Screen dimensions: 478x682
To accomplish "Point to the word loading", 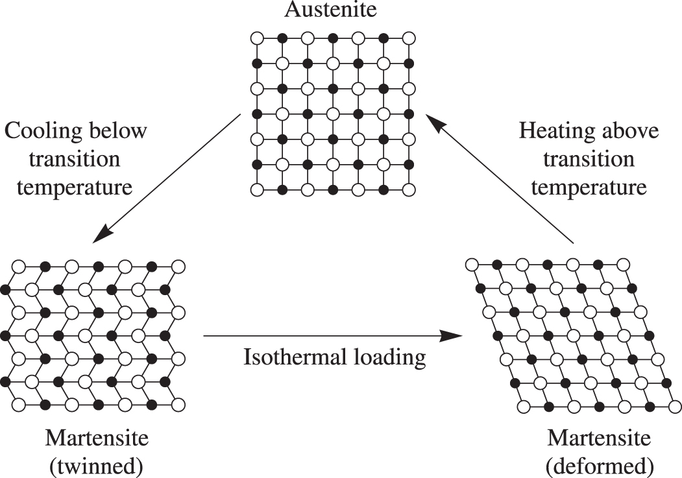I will coord(391,357).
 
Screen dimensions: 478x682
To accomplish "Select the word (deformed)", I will coord(599,466).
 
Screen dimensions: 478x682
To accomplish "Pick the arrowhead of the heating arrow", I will coord(432,121).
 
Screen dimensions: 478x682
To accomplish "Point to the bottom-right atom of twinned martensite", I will coord(177,405).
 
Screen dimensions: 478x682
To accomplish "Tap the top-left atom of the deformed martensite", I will coord(472,265).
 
